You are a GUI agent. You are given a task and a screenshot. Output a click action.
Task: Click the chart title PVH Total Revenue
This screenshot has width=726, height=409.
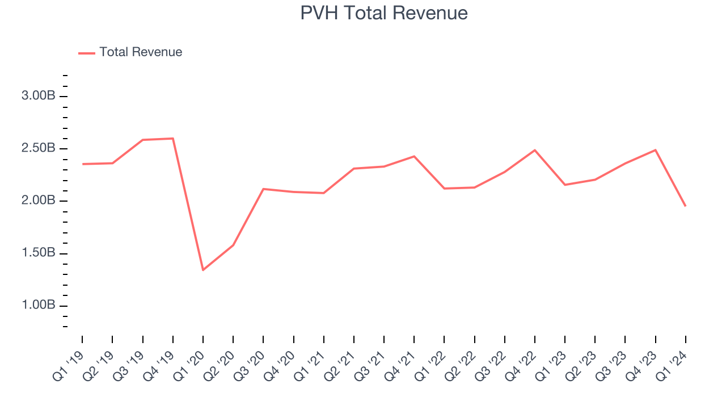pyautogui.click(x=384, y=13)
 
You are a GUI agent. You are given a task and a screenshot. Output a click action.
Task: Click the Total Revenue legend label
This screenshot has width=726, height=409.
pyautogui.click(x=141, y=52)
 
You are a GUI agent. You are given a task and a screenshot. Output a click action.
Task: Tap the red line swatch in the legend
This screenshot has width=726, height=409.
pyautogui.click(x=87, y=53)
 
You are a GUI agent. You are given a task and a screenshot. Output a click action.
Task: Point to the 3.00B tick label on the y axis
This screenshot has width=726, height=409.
pyautogui.click(x=38, y=96)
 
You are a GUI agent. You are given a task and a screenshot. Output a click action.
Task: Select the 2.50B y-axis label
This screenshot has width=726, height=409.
pyautogui.click(x=38, y=148)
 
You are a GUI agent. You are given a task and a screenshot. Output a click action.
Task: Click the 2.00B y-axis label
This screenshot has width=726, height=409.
pyautogui.click(x=38, y=201)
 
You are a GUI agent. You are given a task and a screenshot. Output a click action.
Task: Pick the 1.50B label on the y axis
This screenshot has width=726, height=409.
pyautogui.click(x=38, y=253)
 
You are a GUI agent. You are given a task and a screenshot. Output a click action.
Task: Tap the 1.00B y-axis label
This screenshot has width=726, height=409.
pyautogui.click(x=38, y=306)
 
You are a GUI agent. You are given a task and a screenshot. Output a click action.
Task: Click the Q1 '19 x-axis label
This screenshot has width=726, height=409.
pyautogui.click(x=68, y=366)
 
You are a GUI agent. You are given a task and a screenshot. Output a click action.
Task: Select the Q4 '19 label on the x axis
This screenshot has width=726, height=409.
pyautogui.click(x=159, y=366)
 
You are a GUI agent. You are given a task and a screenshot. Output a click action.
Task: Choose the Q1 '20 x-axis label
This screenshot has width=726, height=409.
pyautogui.click(x=189, y=366)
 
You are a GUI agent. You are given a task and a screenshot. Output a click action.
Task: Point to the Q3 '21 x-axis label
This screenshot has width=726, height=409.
pyautogui.click(x=370, y=366)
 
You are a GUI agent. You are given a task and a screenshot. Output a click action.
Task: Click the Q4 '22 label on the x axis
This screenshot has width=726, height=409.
pyautogui.click(x=521, y=366)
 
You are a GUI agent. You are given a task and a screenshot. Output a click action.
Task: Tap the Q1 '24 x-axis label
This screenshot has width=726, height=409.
pyautogui.click(x=672, y=366)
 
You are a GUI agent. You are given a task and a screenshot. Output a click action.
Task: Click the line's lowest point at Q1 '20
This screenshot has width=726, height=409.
pyautogui.click(x=203, y=270)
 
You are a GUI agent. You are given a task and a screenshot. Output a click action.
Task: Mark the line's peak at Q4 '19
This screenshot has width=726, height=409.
pyautogui.click(x=172, y=139)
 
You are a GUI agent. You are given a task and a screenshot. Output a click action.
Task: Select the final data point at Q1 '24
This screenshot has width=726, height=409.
pyautogui.click(x=685, y=206)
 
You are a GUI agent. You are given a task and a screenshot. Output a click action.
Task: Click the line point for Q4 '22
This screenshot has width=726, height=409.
pyautogui.click(x=535, y=150)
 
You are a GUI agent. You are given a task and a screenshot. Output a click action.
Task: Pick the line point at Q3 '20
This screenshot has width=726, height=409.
pyautogui.click(x=263, y=189)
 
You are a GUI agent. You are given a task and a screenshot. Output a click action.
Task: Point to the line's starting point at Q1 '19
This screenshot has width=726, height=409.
pyautogui.click(x=82, y=164)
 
